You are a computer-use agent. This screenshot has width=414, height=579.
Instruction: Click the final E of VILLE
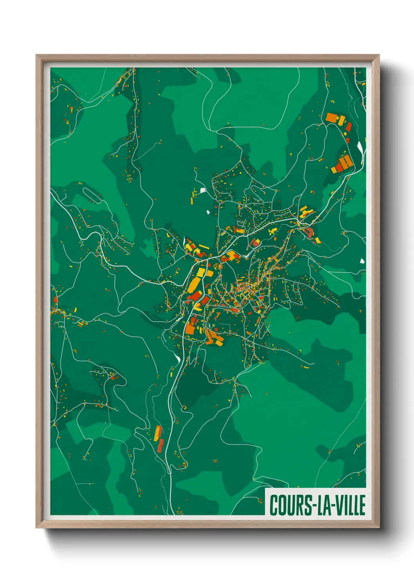tap(362, 505)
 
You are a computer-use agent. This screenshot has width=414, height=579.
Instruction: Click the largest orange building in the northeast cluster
tap(331, 117)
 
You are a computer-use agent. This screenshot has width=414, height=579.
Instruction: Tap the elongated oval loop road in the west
tap(92, 194)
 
